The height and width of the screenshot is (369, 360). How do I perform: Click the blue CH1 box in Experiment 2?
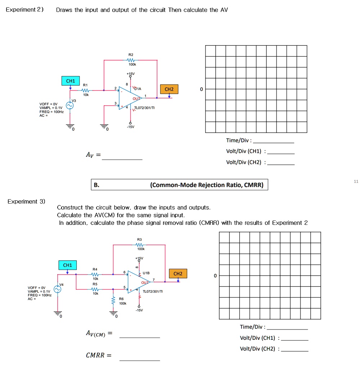pyautogui.click(x=71, y=81)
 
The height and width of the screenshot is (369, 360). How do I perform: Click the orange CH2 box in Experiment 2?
pyautogui.click(x=169, y=89)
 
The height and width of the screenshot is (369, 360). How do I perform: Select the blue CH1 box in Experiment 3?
pyautogui.click(x=67, y=266)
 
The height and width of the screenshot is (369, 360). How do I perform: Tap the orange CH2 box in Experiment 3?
pyautogui.click(x=178, y=274)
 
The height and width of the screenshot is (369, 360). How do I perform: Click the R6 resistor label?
pyautogui.click(x=121, y=299)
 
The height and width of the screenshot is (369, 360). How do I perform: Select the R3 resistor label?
pyautogui.click(x=140, y=239)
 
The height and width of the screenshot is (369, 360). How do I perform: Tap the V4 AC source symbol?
pyautogui.click(x=57, y=289)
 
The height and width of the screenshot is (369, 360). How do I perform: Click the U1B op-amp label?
pyautogui.click(x=146, y=273)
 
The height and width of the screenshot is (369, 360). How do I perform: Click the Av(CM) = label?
pyautogui.click(x=99, y=334)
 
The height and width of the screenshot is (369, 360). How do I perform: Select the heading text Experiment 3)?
pyautogui.click(x=26, y=201)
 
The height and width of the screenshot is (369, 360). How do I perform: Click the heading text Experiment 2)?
pyautogui.click(x=24, y=10)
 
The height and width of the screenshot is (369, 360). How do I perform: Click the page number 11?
pyautogui.click(x=356, y=182)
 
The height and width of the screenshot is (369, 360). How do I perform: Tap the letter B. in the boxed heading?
pyautogui.click(x=96, y=185)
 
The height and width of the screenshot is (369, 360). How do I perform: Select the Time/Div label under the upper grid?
pyautogui.click(x=239, y=141)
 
